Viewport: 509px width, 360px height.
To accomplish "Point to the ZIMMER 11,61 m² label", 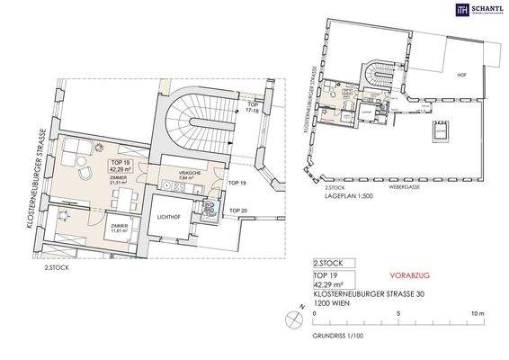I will pyautogui.click(x=118, y=228).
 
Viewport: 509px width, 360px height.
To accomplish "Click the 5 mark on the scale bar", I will pyautogui.click(x=396, y=311).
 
